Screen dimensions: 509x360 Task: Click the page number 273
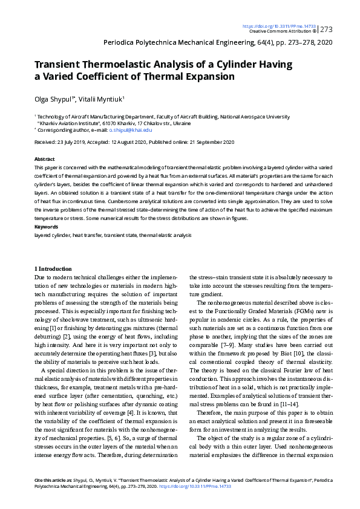click(326, 29)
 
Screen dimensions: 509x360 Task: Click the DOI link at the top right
click(278, 27)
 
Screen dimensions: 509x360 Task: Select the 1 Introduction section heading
click(53, 268)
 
